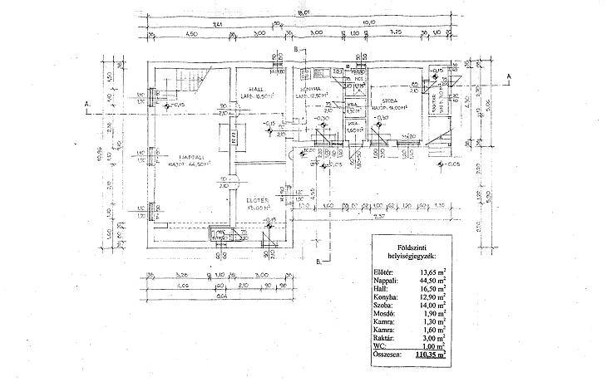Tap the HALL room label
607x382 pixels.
click(248, 88)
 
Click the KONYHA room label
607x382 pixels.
click(308, 88)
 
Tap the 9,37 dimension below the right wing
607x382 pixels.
click(378, 217)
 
